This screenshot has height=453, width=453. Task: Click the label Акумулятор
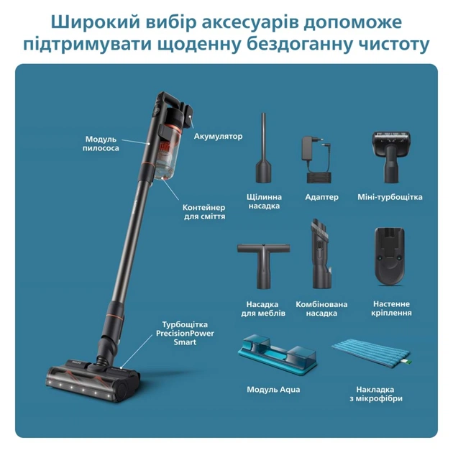tap(219, 135)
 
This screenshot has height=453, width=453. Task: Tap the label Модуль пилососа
tap(101, 143)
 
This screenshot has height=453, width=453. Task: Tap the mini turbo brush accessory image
tap(389, 154)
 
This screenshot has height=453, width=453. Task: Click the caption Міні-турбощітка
tap(390, 197)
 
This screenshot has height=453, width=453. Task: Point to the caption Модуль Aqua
tap(273, 389)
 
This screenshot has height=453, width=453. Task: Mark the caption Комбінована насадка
tap(316, 308)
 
